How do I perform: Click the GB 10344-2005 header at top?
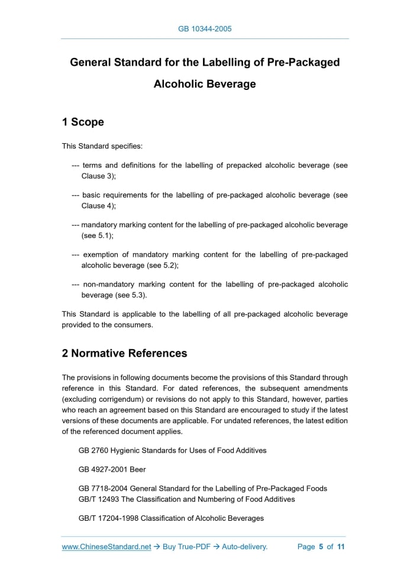click(205, 28)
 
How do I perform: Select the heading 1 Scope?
click(83, 123)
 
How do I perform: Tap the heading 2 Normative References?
click(124, 353)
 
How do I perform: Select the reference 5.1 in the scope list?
click(103, 235)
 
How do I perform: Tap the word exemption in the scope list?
click(102, 254)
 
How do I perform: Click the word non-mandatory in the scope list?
click(108, 284)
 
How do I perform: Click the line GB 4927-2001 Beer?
click(112, 469)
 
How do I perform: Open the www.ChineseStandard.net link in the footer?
click(106, 547)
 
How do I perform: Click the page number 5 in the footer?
click(321, 547)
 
